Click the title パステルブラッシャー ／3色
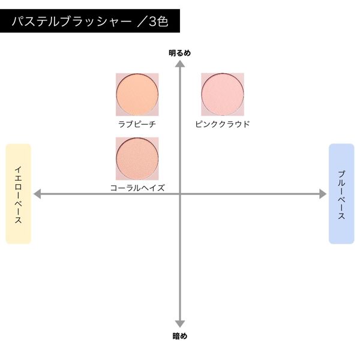click(x=90, y=22)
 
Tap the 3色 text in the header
click(x=158, y=22)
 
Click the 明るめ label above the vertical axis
click(x=180, y=53)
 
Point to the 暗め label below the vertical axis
click(x=180, y=336)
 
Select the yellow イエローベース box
click(x=19, y=194)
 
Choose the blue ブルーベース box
click(x=341, y=194)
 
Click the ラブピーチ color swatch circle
click(x=137, y=95)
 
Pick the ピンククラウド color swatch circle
click(x=223, y=95)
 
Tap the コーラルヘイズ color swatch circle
click(x=137, y=158)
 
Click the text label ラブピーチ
click(x=137, y=124)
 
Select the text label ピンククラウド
click(x=223, y=124)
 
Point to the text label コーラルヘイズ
click(x=137, y=188)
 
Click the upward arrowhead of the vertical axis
click(x=180, y=64)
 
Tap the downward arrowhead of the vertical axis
click(x=180, y=324)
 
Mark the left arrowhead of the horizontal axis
click(x=37, y=194)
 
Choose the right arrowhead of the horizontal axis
click(x=323, y=194)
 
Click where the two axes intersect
click(x=180, y=194)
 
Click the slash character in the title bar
click(x=142, y=22)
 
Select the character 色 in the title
click(x=163, y=22)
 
